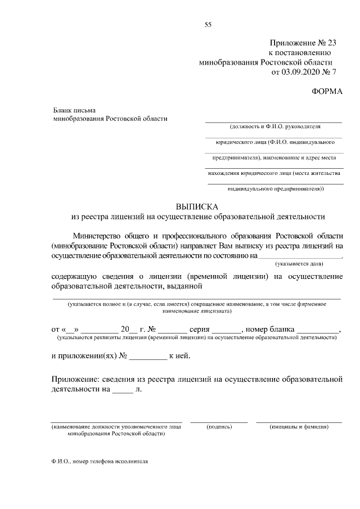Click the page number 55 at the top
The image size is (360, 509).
click(x=208, y=24)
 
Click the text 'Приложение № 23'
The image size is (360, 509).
click(x=302, y=43)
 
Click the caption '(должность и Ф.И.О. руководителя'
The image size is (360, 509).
click(x=274, y=127)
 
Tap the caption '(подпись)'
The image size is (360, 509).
click(x=219, y=427)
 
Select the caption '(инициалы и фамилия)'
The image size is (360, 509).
click(x=299, y=427)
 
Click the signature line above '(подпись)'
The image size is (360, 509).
click(x=219, y=421)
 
